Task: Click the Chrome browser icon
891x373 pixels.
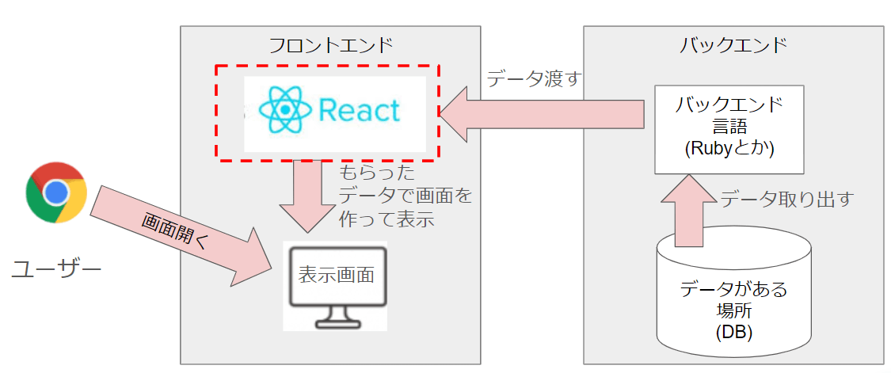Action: click(55, 192)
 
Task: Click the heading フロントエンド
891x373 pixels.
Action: click(330, 45)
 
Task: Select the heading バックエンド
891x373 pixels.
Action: click(733, 45)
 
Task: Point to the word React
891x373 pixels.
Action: click(360, 110)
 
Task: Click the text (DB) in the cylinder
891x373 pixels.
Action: click(733, 331)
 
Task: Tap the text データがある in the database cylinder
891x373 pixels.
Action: click(733, 289)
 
